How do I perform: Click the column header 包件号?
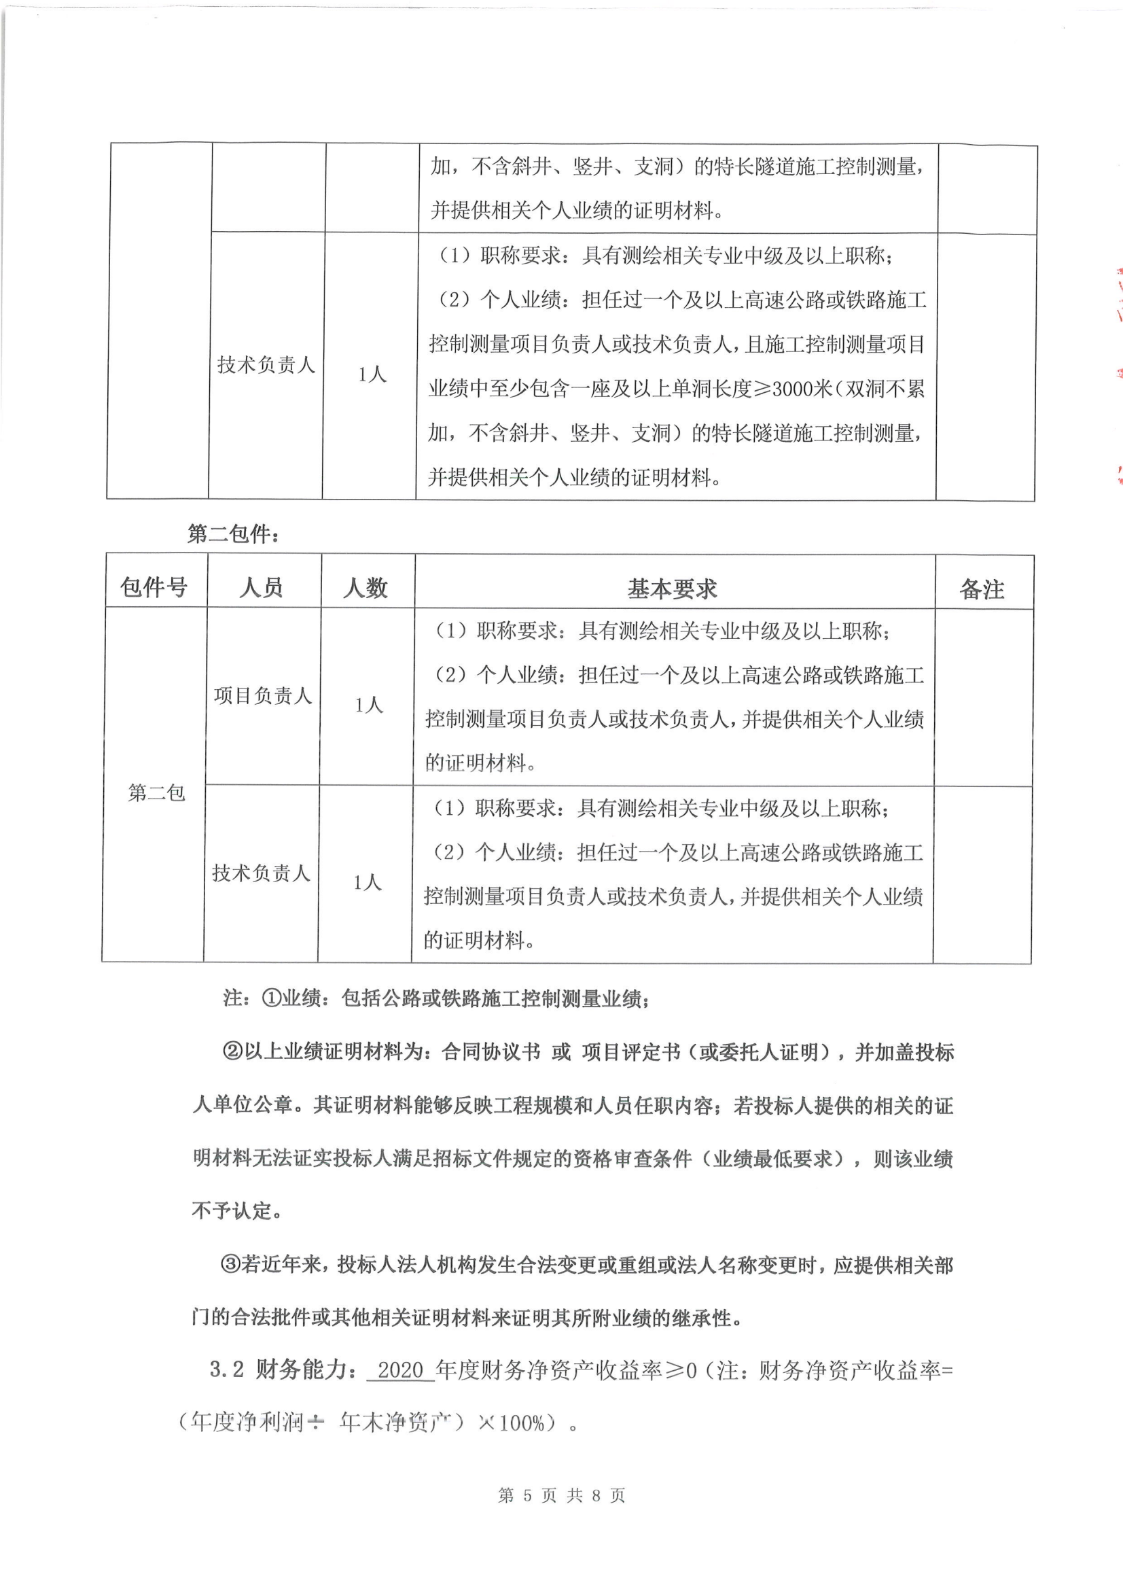pos(154,588)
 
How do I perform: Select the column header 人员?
pos(262,588)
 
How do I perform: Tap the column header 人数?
pos(366,589)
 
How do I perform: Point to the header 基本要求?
pos(672,589)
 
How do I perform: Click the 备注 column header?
pos(982,590)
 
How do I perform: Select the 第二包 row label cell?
pos(156,792)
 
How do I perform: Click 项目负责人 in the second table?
pos(262,695)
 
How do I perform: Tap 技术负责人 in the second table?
pos(261,873)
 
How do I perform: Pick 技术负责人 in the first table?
pos(266,365)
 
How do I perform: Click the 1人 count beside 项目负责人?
pos(368,705)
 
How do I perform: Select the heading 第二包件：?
pos(233,534)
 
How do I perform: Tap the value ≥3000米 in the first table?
pos(791,389)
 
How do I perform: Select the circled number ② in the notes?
pos(232,1052)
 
